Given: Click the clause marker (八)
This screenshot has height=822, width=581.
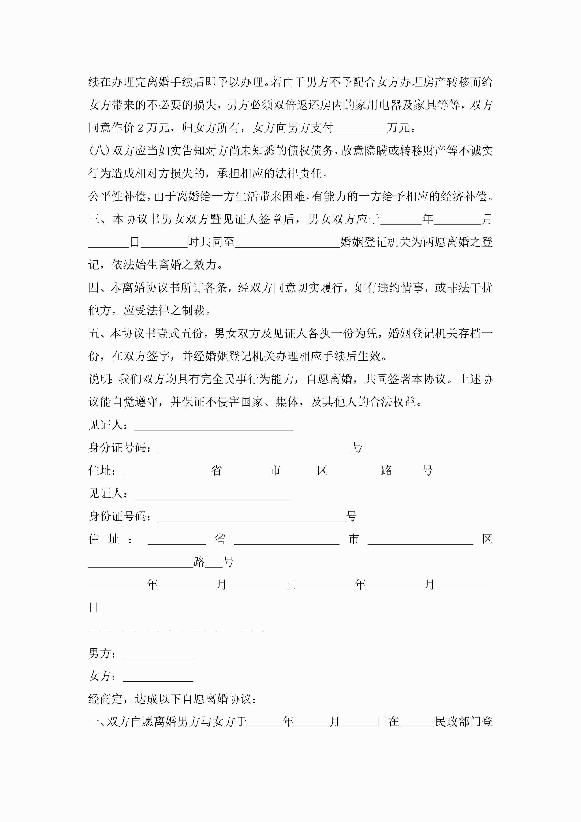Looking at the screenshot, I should pyautogui.click(x=100, y=151).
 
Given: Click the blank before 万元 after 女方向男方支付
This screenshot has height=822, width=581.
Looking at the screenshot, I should pyautogui.click(x=360, y=129).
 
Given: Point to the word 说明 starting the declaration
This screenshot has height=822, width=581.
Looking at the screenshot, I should pyautogui.click(x=100, y=379).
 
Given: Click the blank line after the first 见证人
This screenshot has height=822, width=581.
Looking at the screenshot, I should pyautogui.click(x=214, y=426).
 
